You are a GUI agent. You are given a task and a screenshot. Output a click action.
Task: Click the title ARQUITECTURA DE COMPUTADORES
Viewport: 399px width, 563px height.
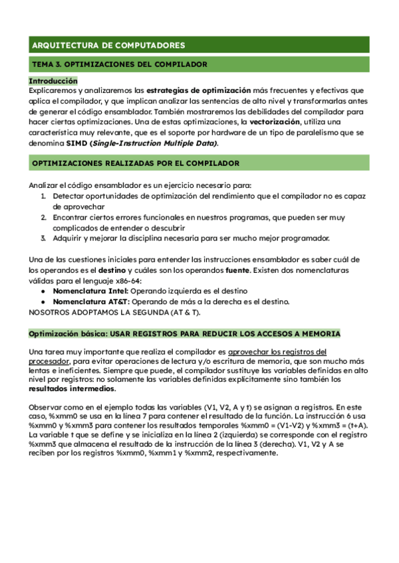click(x=108, y=45)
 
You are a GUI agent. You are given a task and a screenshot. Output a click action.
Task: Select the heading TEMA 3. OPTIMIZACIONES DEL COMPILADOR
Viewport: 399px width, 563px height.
click(x=120, y=64)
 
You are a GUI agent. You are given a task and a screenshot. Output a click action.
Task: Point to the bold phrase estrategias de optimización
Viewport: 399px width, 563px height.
click(x=198, y=90)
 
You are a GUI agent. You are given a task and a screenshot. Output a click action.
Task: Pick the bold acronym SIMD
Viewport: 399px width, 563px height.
click(x=77, y=143)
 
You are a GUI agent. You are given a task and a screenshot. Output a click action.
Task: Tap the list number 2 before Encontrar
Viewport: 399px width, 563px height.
click(x=43, y=217)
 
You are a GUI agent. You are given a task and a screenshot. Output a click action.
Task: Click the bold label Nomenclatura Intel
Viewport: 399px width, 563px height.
click(x=90, y=291)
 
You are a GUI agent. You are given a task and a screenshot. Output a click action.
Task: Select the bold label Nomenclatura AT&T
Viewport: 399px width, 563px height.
click(x=90, y=301)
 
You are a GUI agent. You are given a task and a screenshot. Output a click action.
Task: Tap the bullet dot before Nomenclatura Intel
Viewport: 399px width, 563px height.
click(x=43, y=291)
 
